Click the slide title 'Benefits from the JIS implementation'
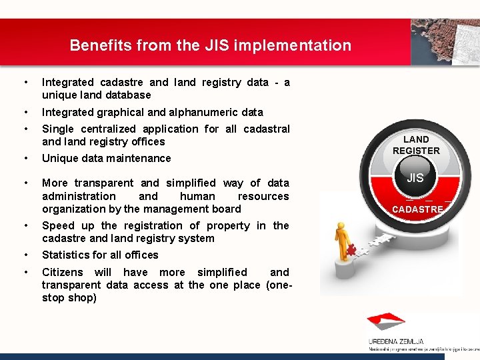click(210, 45)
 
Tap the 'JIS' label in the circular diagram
click(415, 178)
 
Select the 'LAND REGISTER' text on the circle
click(416, 145)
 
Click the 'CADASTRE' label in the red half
click(417, 209)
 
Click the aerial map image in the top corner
click(445, 41)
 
